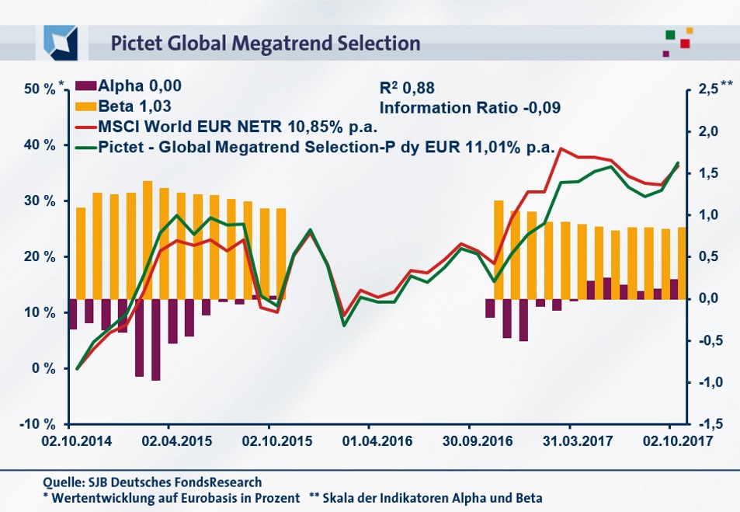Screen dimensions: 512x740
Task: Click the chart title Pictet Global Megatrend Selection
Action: point(265,43)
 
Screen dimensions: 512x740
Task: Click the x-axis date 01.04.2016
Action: point(369,440)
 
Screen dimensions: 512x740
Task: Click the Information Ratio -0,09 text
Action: point(470,107)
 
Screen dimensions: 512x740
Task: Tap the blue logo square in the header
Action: point(61,42)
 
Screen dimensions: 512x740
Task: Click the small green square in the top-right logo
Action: point(670,34)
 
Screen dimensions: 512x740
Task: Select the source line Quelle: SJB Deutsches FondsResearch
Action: point(153,482)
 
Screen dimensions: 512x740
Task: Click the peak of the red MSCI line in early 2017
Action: point(561,148)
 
